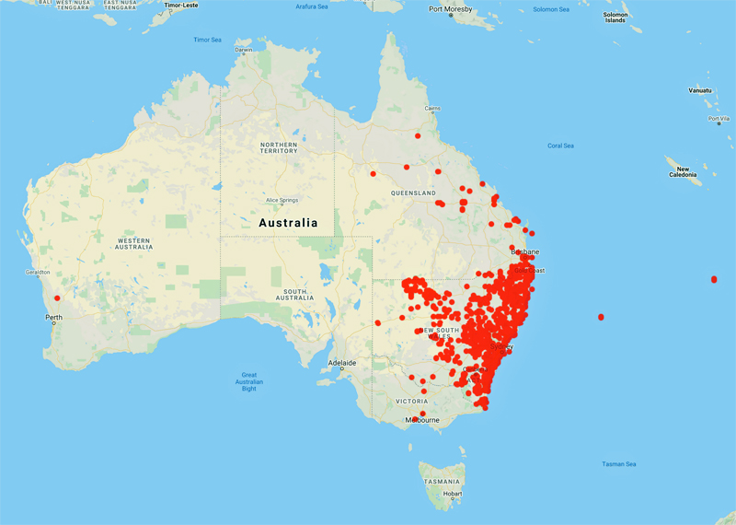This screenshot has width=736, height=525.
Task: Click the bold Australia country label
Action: (288, 223)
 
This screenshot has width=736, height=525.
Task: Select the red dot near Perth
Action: (57, 297)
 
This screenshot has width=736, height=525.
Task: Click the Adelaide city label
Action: (342, 363)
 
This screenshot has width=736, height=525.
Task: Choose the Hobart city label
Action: (452, 494)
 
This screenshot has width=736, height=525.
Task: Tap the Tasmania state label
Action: (442, 481)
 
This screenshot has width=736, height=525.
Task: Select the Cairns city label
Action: (432, 108)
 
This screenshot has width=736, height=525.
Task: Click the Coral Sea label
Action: (560, 146)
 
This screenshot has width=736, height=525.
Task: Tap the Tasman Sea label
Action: (618, 463)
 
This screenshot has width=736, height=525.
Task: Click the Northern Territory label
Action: (279, 149)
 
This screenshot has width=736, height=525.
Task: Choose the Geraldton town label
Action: (38, 274)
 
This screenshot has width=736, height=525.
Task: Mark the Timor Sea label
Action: (208, 40)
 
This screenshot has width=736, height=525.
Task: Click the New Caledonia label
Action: (683, 173)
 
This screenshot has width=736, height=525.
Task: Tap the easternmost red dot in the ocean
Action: (714, 279)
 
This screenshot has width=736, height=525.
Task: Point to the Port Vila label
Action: (719, 119)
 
